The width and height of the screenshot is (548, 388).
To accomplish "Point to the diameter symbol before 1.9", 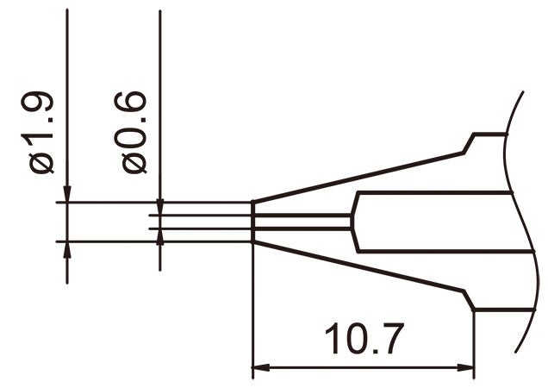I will coord(43,161).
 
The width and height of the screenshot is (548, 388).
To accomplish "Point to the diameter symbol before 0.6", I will coord(137,161).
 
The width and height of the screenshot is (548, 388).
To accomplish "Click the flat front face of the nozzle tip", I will coord(252,222).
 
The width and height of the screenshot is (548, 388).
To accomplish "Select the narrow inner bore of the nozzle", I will coord(302,222).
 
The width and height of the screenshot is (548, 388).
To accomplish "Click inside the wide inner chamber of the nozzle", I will coord(431,222).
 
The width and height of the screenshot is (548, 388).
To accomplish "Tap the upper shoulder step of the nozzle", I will coord(470,143).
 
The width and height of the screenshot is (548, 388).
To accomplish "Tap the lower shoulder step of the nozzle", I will coord(470,301).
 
